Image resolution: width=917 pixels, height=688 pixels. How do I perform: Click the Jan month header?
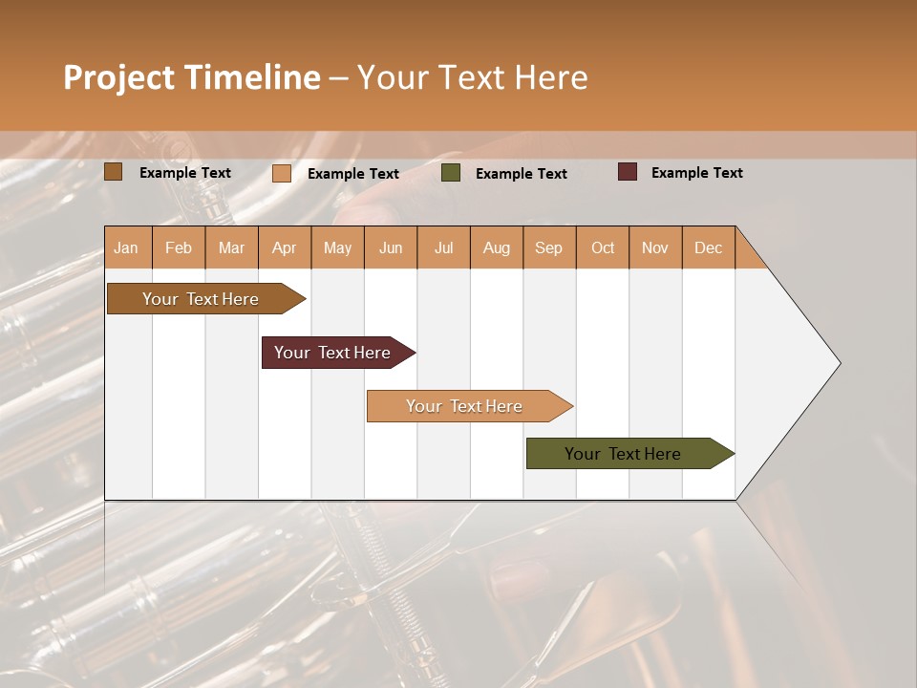(126, 248)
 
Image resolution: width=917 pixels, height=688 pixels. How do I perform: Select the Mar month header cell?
(231, 248)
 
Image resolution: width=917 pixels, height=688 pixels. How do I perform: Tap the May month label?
(337, 248)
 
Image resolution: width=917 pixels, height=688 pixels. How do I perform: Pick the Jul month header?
(443, 248)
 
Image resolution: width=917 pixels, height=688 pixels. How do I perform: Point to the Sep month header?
(548, 248)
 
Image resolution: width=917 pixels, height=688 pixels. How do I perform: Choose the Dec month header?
(708, 248)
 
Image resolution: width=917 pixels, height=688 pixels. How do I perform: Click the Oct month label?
(603, 248)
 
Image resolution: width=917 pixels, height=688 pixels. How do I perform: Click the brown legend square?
(114, 172)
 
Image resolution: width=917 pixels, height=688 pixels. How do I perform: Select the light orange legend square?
(282, 173)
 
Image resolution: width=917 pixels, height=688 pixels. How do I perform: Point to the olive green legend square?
(451, 173)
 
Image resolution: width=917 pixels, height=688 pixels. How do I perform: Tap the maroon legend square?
(628, 172)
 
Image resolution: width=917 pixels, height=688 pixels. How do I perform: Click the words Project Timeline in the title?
(192, 77)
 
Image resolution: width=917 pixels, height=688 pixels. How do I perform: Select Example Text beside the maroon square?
(696, 173)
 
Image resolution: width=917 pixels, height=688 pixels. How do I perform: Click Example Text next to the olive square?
(521, 174)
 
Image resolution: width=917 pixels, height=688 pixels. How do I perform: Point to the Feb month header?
(179, 248)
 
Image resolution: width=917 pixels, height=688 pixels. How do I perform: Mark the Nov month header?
(654, 248)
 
